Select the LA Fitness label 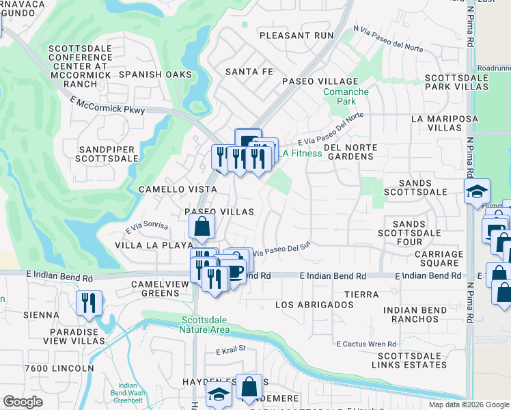(x=299, y=153)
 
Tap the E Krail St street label (x=230, y=352)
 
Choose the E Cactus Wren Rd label (x=365, y=344)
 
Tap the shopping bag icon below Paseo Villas (x=202, y=227)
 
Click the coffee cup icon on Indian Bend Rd (x=234, y=271)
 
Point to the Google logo (x=23, y=402)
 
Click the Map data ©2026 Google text (x=469, y=405)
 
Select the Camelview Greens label (x=150, y=288)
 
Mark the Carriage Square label (x=430, y=258)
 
